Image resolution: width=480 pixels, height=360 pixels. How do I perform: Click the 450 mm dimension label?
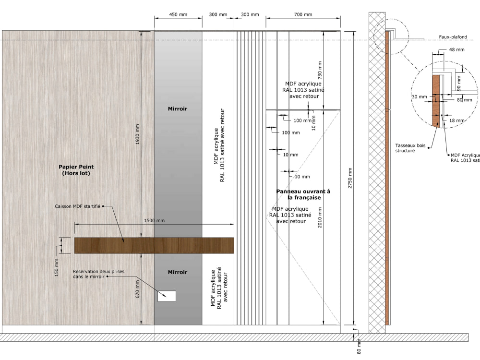[178, 14]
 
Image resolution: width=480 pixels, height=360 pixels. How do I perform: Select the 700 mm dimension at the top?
[303, 14]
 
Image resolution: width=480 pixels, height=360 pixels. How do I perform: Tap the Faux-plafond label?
[453, 37]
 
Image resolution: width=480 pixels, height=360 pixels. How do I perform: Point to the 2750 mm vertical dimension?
[350, 178]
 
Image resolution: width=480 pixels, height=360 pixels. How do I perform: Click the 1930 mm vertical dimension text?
[137, 134]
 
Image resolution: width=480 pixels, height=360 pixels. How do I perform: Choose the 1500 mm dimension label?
[154, 220]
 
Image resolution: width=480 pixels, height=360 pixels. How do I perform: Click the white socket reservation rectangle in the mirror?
[167, 296]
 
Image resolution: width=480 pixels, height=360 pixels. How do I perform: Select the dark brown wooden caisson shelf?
[154, 245]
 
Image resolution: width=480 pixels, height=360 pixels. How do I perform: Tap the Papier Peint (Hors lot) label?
[76, 170]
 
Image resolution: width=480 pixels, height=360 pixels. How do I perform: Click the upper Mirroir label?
[178, 108]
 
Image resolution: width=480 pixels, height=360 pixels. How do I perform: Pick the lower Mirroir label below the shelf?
[178, 272]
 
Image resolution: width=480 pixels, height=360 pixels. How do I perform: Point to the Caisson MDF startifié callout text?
[77, 206]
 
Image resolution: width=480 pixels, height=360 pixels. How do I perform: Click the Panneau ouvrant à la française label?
[303, 194]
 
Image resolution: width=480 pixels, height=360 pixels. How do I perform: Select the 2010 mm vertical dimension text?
[320, 217]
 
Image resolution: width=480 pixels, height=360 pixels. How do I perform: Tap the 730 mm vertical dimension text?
[320, 70]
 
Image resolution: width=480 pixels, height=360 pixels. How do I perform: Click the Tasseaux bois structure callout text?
[410, 148]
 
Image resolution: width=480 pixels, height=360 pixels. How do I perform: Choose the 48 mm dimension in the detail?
[457, 49]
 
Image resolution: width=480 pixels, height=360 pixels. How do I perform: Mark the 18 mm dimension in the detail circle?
[457, 120]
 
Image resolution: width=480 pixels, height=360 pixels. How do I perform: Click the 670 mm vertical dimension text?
[137, 289]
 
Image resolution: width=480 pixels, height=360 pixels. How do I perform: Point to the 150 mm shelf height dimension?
[56, 267]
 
